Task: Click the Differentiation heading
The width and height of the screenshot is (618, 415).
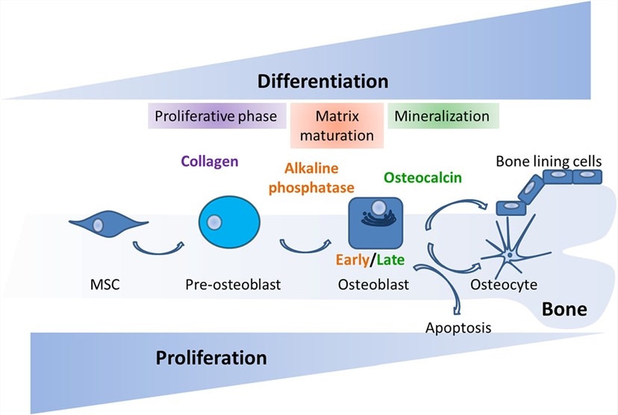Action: [x=322, y=80]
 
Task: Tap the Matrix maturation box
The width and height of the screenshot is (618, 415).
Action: [x=337, y=126]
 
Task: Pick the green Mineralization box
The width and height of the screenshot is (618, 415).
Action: [x=442, y=117]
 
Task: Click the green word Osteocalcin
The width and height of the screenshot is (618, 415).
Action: [x=422, y=177]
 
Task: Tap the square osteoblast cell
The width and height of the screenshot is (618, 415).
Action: [x=376, y=223]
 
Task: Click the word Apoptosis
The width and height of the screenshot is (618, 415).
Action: [x=453, y=327]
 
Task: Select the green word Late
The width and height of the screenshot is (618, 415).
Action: [x=392, y=260]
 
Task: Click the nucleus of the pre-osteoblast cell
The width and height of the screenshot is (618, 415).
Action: [x=215, y=222]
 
